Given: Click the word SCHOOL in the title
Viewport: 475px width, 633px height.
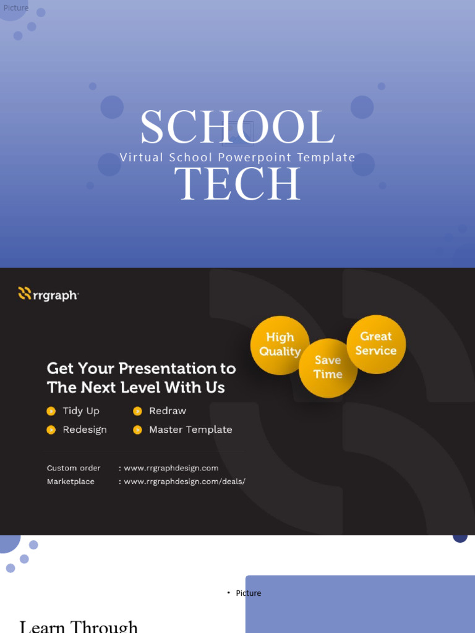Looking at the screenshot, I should click(237, 129).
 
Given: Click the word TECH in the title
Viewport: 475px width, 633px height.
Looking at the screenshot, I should click(237, 184).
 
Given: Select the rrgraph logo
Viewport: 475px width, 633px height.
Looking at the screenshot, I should click(48, 294).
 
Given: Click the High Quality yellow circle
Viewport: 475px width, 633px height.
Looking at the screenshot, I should click(280, 345).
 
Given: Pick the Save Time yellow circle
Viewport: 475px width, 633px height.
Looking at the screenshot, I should click(328, 368).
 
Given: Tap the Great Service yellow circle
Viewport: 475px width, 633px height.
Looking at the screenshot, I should click(376, 344).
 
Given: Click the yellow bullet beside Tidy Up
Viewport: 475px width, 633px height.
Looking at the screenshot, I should click(51, 411).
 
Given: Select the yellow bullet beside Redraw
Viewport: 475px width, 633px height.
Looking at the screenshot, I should click(137, 411).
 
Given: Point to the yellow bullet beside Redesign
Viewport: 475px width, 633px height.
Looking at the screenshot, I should click(51, 430).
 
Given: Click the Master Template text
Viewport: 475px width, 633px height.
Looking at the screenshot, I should click(190, 430).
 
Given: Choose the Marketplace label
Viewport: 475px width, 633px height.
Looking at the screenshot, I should click(71, 482).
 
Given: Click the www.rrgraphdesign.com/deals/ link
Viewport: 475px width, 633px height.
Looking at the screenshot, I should click(184, 482).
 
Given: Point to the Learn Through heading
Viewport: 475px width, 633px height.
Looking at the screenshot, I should click(79, 626).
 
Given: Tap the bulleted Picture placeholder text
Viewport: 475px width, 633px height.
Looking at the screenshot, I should click(248, 593).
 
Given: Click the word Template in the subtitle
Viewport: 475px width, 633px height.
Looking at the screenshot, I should click(326, 158).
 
